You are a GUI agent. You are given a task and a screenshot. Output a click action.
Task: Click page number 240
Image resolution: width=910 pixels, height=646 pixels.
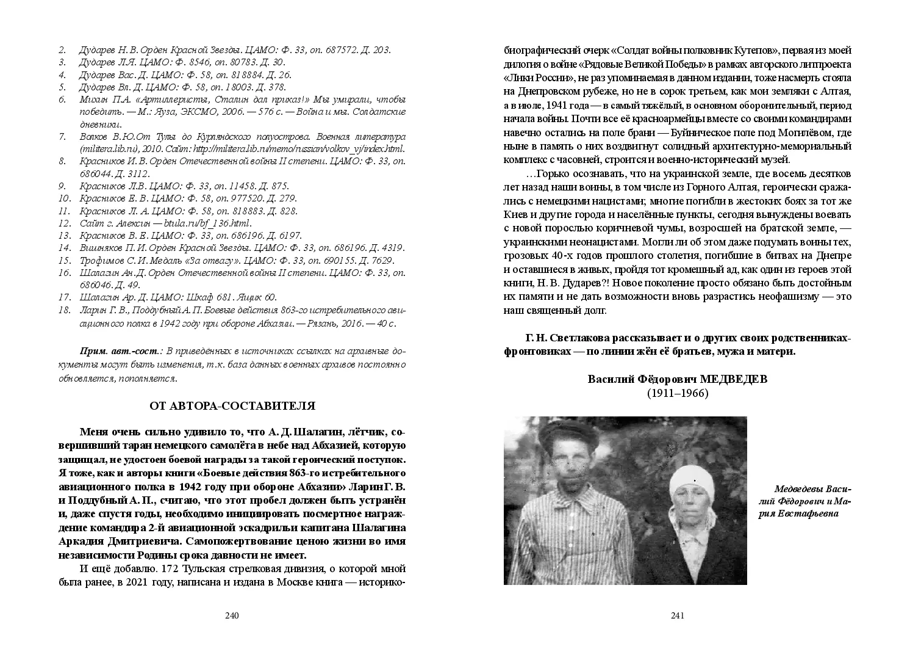tap(231, 615)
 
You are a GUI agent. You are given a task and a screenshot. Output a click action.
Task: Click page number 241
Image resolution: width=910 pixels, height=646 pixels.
tap(678, 615)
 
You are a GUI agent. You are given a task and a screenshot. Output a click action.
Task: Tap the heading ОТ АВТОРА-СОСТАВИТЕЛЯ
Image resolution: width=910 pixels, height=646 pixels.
tap(232, 405)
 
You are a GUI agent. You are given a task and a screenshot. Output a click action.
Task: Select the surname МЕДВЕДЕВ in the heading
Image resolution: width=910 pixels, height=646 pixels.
tap(734, 379)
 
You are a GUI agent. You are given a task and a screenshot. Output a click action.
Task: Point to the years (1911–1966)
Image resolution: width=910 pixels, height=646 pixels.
tap(678, 394)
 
